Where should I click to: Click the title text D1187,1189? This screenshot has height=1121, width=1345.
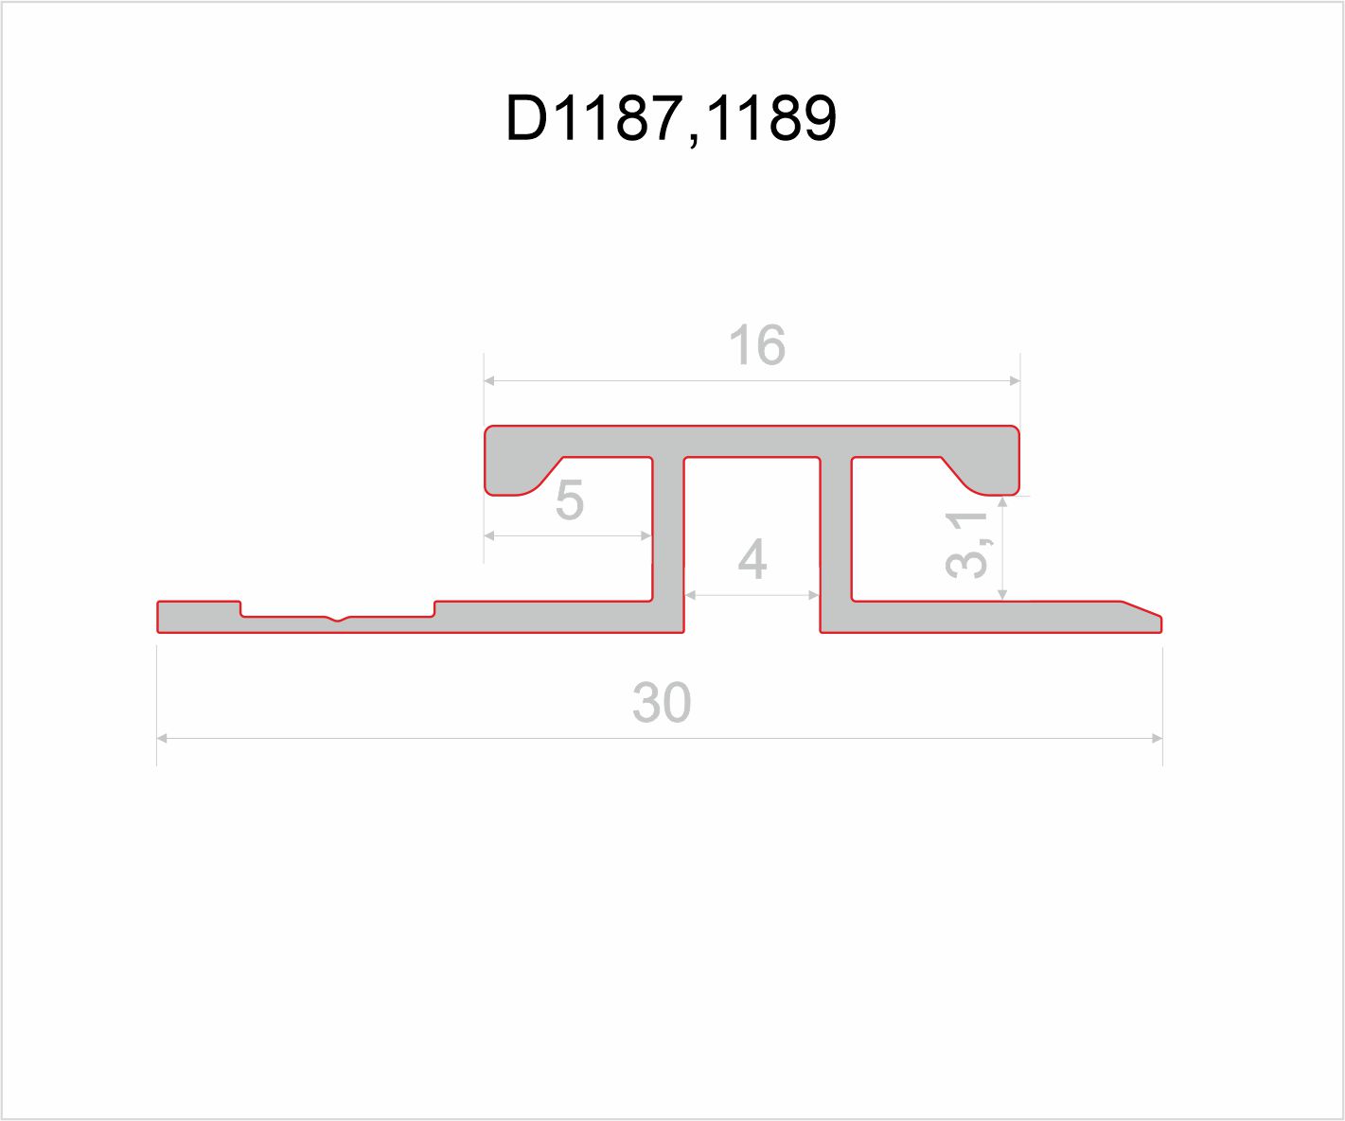[671, 118]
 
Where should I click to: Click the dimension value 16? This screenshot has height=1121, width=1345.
[757, 346]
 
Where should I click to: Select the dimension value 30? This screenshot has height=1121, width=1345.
[662, 703]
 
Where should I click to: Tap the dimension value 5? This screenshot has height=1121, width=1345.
[569, 500]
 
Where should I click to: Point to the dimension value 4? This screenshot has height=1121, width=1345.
[752, 561]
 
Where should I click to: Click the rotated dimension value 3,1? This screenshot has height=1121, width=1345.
[968, 544]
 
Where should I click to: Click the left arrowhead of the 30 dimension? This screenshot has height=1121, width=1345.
[162, 738]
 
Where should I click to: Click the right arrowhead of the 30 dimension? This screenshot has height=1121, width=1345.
[1157, 738]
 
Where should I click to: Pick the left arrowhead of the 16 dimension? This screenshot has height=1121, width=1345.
[489, 381]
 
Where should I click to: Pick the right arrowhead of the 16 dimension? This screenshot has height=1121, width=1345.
[1015, 381]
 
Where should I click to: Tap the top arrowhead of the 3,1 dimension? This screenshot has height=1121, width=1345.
[1003, 501]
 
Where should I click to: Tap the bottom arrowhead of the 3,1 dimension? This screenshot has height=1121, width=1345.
[1003, 594]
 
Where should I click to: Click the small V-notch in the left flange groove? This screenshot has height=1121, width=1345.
[339, 620]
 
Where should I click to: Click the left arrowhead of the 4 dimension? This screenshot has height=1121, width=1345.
[690, 595]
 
